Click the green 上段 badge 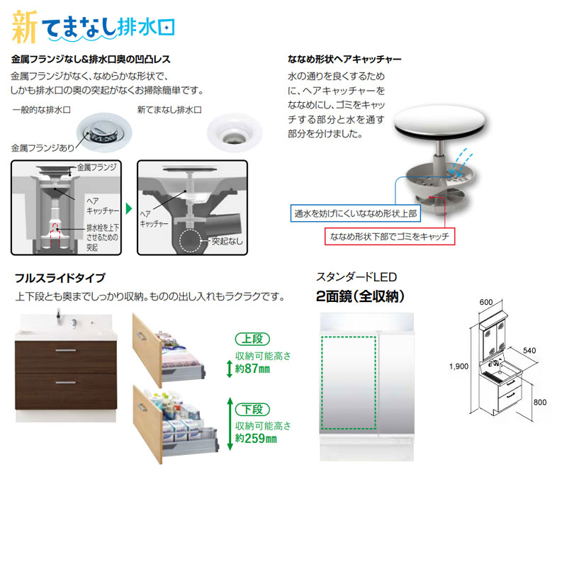pyautogui.click(x=254, y=339)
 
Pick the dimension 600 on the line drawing pyautogui.click(x=485, y=301)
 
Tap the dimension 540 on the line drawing pyautogui.click(x=536, y=351)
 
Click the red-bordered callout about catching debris pyautogui.click(x=389, y=236)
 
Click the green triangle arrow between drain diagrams pyautogui.click(x=129, y=209)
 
